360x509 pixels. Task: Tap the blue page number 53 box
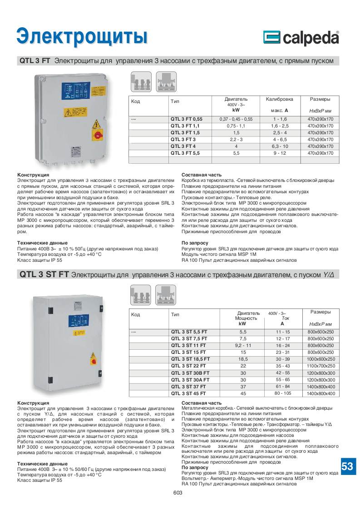click(x=347, y=466)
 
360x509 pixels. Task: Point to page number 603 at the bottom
click(x=178, y=493)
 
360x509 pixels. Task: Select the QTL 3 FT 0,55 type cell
click(x=186, y=119)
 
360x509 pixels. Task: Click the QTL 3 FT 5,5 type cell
click(x=185, y=153)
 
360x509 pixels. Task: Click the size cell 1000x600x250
click(x=321, y=359)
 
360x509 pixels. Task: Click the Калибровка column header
click(x=280, y=99)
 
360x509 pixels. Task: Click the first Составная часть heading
click(x=202, y=175)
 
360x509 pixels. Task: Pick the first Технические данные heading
click(x=42, y=243)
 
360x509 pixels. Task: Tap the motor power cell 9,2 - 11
click(x=242, y=345)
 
